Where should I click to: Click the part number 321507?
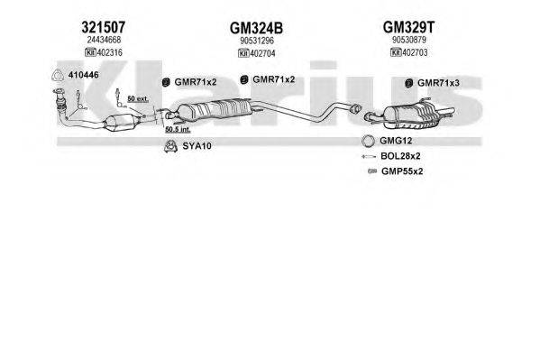click(x=104, y=27)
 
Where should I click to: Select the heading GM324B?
click(x=256, y=28)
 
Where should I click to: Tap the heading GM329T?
click(x=408, y=27)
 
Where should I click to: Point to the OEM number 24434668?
click(x=104, y=40)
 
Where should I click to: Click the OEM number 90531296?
click(x=257, y=41)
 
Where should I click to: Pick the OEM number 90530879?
click(x=409, y=40)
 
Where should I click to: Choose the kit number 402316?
click(x=109, y=52)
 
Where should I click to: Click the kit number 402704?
click(x=262, y=54)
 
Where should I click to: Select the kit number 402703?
click(x=415, y=52)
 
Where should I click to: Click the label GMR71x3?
click(x=438, y=83)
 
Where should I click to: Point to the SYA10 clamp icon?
click(x=170, y=146)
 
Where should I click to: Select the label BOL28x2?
click(x=400, y=156)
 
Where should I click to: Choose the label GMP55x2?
click(x=402, y=171)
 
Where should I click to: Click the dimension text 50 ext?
click(x=138, y=99)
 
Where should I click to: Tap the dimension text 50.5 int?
click(x=178, y=130)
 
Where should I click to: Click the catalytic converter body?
click(x=121, y=123)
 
